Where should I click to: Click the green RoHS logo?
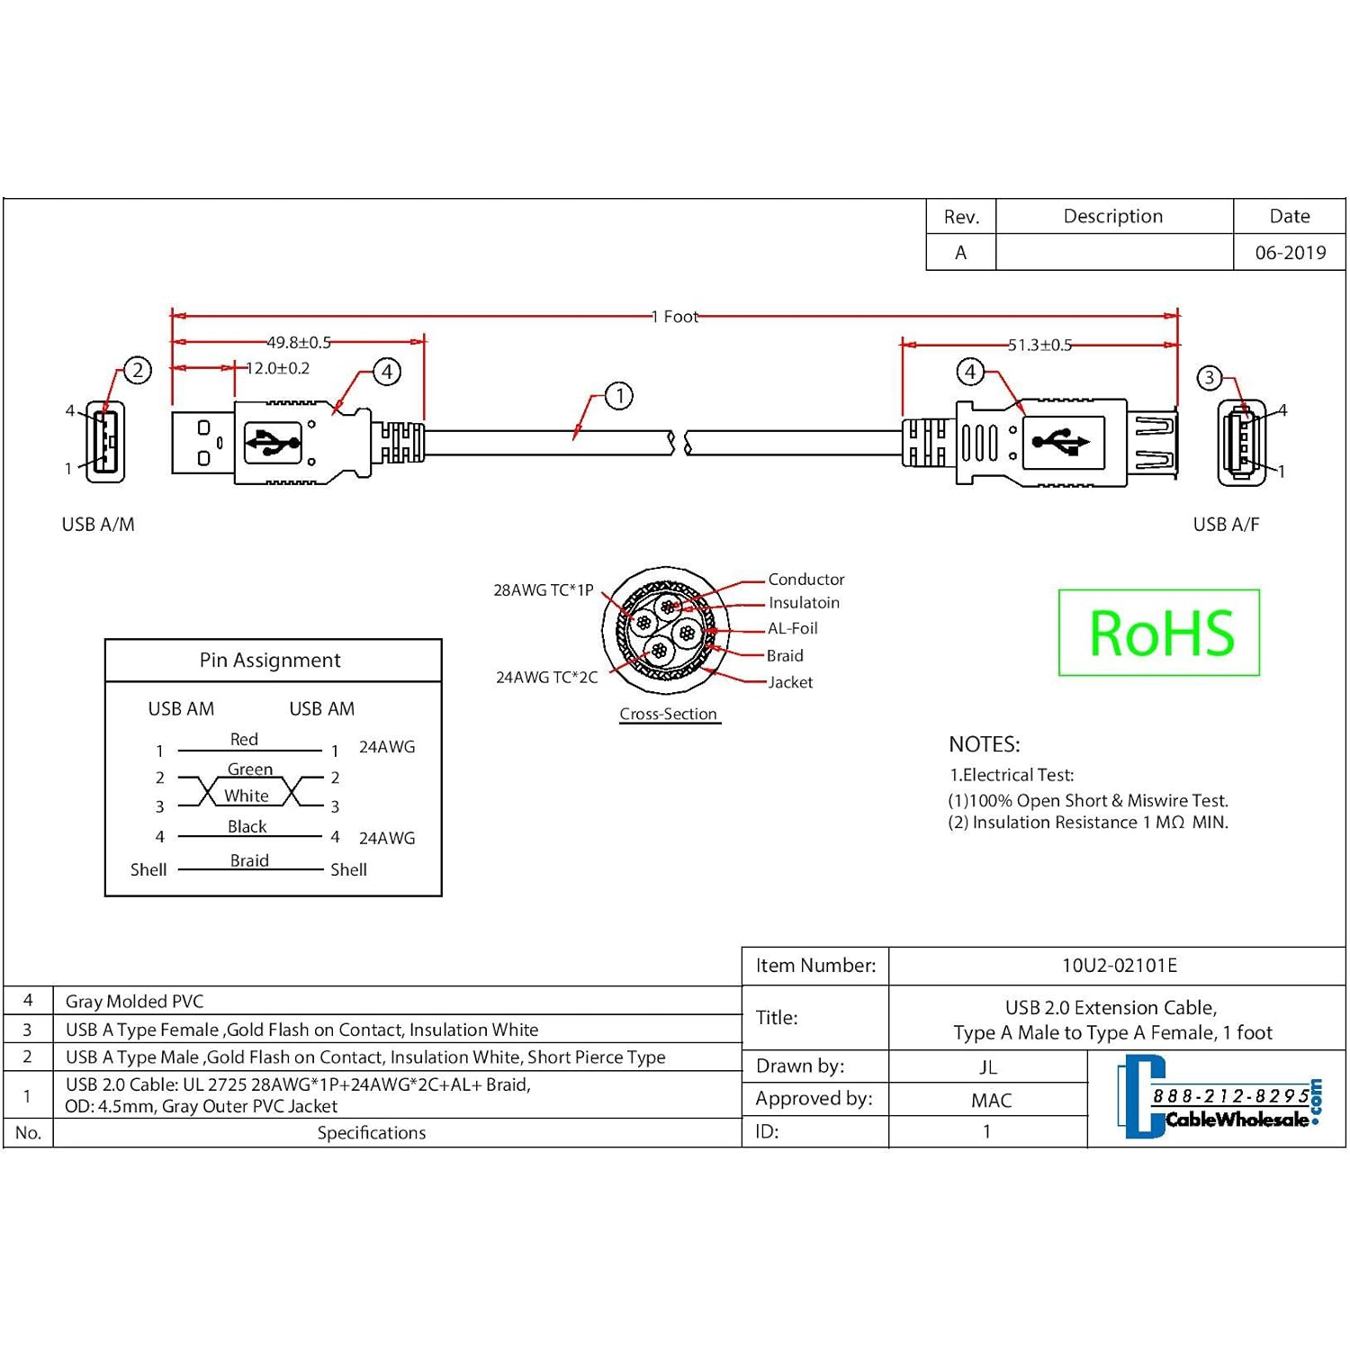[1159, 633]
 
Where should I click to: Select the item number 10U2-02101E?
[1119, 966]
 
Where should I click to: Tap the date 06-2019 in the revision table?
[1290, 253]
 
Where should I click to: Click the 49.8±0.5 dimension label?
[299, 343]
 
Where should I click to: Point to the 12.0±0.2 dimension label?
[278, 368]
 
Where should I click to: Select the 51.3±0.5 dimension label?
[1039, 345]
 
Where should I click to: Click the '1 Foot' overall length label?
[675, 317]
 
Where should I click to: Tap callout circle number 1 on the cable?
[619, 396]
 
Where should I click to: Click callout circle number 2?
[138, 370]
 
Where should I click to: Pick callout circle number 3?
[1210, 378]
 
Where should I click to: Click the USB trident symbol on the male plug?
[274, 442]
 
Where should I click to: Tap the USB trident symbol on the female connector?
[1062, 442]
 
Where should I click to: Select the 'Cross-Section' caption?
[668, 715]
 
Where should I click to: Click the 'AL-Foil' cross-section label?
[792, 628]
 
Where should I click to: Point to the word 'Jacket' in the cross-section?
[790, 682]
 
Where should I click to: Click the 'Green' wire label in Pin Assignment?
[249, 769]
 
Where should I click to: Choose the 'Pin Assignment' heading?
[270, 661]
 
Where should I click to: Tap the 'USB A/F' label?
[1226, 525]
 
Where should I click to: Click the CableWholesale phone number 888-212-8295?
[1230, 1096]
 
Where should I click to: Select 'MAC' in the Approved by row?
[991, 1101]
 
